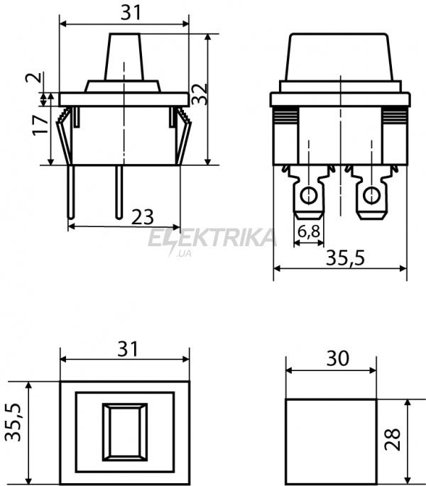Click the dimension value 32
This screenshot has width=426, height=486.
click(x=200, y=94)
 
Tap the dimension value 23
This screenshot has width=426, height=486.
click(x=143, y=217)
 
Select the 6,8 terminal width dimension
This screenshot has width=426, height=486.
click(x=308, y=231)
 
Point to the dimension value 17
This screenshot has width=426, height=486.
click(x=40, y=125)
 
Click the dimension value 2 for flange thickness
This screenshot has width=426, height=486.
click(x=33, y=77)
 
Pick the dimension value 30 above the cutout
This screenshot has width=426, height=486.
click(x=337, y=358)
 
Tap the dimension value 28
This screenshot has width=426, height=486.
click(x=392, y=439)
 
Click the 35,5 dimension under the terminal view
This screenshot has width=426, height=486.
click(x=345, y=258)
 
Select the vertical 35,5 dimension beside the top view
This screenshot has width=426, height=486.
click(x=13, y=422)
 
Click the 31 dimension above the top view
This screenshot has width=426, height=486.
click(x=128, y=349)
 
